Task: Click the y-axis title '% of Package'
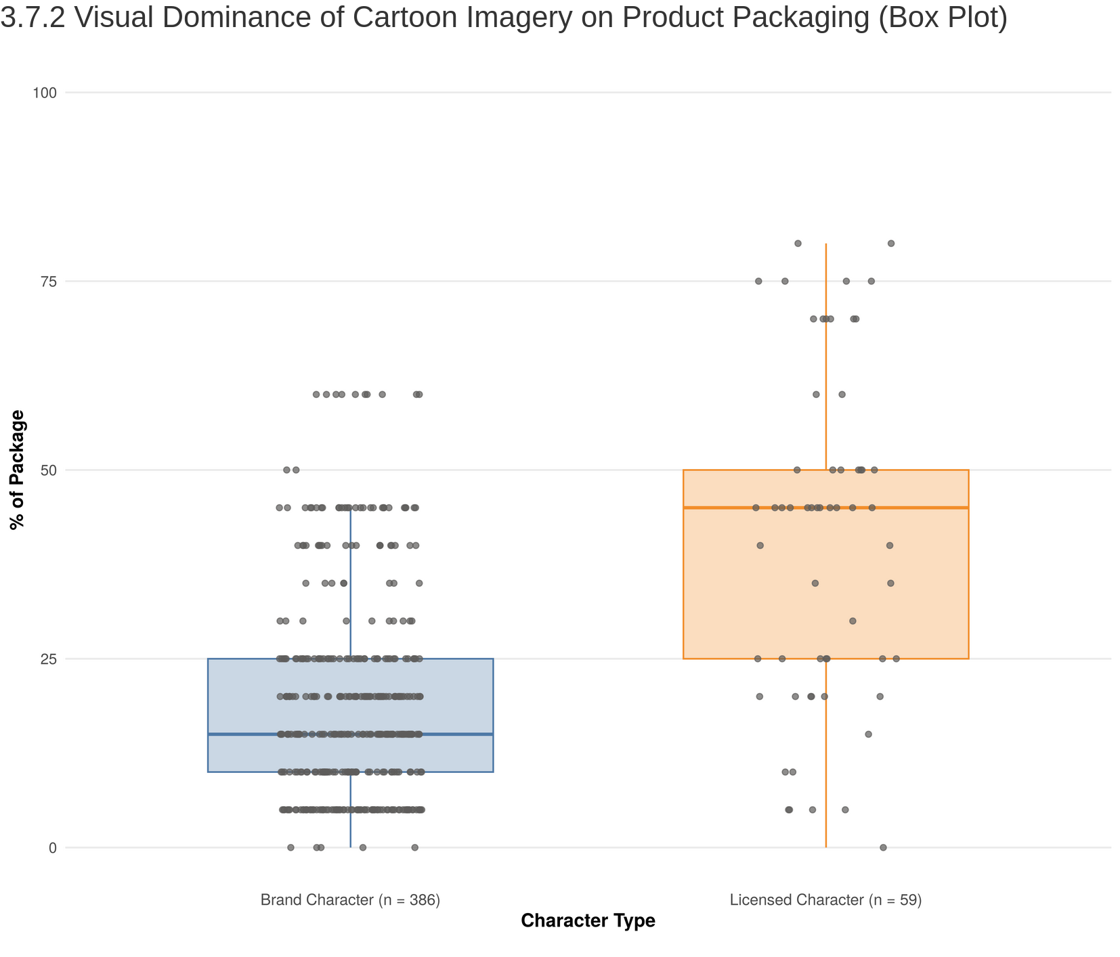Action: click(x=18, y=469)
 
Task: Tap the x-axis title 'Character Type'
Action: click(x=588, y=921)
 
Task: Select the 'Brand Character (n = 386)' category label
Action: click(x=350, y=900)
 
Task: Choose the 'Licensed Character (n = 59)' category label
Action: click(x=826, y=900)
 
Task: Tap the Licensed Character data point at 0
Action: click(x=883, y=847)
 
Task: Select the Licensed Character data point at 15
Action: click(x=868, y=734)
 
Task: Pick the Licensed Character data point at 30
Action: click(x=853, y=621)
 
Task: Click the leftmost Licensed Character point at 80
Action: click(x=798, y=243)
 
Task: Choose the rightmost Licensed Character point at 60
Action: click(x=842, y=394)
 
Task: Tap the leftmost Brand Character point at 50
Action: click(x=286, y=470)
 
